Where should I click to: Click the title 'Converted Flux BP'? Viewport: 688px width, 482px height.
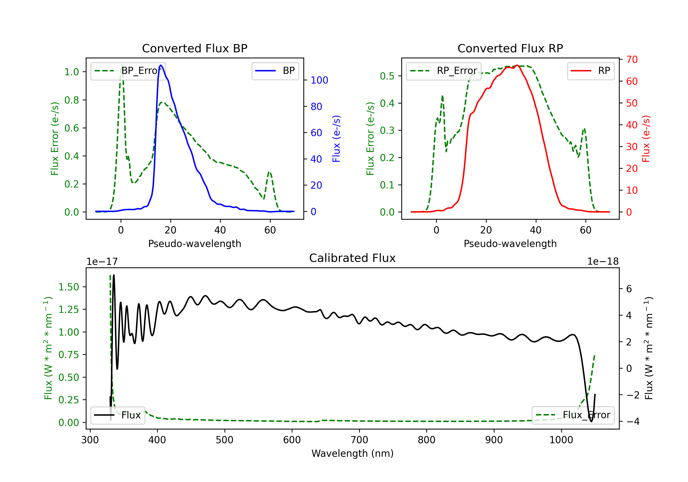194,48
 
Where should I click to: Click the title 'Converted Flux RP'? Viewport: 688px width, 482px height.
510,48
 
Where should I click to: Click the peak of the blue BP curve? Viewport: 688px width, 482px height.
161,65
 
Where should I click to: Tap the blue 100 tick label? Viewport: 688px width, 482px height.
319,80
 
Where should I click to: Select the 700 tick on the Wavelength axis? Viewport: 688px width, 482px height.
359,440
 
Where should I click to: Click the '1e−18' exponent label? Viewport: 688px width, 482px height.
603,262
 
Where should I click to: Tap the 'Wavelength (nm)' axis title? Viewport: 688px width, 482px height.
352,453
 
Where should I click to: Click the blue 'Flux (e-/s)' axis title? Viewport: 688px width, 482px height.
336,139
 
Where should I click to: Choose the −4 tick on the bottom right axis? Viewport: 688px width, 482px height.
633,421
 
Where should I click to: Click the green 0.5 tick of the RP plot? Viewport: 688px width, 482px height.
387,76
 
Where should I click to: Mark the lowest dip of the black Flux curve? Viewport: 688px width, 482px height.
591,421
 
